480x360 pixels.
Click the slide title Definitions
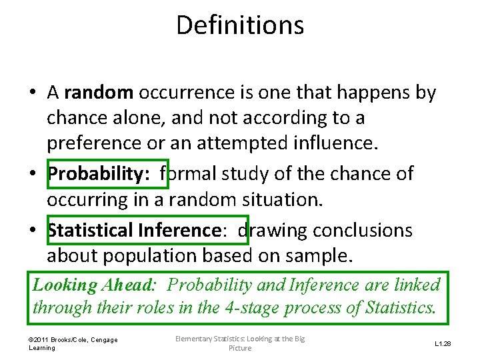[240, 25]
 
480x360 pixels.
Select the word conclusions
[363, 231]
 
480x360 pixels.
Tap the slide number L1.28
[443, 344]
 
